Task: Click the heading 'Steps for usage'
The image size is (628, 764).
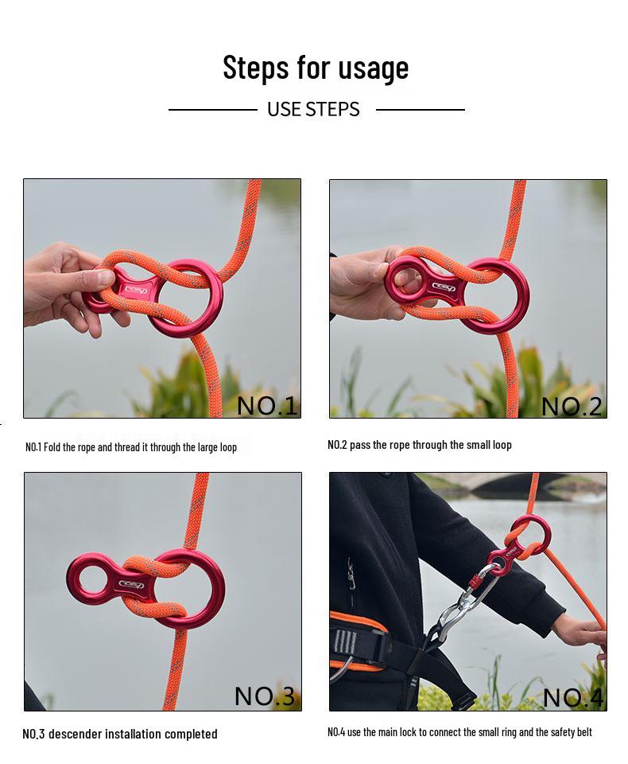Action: pyautogui.click(x=316, y=67)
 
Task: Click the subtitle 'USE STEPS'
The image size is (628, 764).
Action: pyautogui.click(x=313, y=109)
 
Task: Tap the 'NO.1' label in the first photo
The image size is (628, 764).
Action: pyautogui.click(x=267, y=405)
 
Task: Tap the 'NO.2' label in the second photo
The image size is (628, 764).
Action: pyautogui.click(x=572, y=406)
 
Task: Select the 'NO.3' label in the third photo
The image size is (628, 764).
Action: pyautogui.click(x=265, y=696)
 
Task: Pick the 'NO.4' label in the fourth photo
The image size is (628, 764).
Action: pyautogui.click(x=573, y=698)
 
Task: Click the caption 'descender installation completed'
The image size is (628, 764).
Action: pyautogui.click(x=132, y=734)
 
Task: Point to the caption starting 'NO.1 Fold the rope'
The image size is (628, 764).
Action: pyautogui.click(x=131, y=447)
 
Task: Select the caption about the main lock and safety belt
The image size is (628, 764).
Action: pyautogui.click(x=459, y=732)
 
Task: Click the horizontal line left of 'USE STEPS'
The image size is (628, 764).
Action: pyautogui.click(x=213, y=110)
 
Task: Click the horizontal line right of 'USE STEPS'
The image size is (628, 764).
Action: pyautogui.click(x=420, y=110)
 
